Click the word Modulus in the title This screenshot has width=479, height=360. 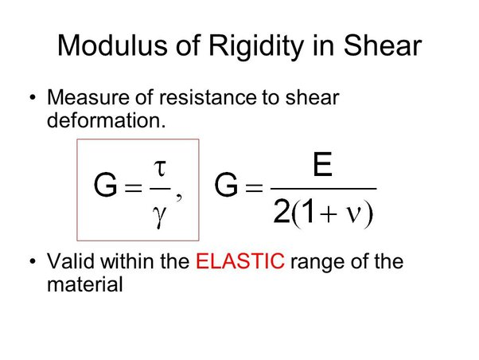tap(112, 45)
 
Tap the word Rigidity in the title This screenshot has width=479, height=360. tap(256, 48)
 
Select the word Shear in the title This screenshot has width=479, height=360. tap(383, 45)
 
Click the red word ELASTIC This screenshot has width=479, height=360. tap(240, 261)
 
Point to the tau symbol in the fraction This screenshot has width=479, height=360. tap(160, 169)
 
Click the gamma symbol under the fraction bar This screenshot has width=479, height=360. tap(159, 216)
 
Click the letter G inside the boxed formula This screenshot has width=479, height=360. tap(105, 185)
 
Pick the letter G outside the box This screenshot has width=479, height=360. tap(226, 185)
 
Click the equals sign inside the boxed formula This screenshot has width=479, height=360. tap(134, 187)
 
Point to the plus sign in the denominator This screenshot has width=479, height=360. tap(329, 213)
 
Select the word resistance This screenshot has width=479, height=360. tap(208, 97)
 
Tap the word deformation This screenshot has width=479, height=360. tap(106, 120)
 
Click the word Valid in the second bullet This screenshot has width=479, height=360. tap(71, 261)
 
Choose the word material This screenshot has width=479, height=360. tap(85, 284)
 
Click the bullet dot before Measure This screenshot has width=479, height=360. tap(33, 98)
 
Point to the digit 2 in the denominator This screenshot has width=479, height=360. tap(281, 211)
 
